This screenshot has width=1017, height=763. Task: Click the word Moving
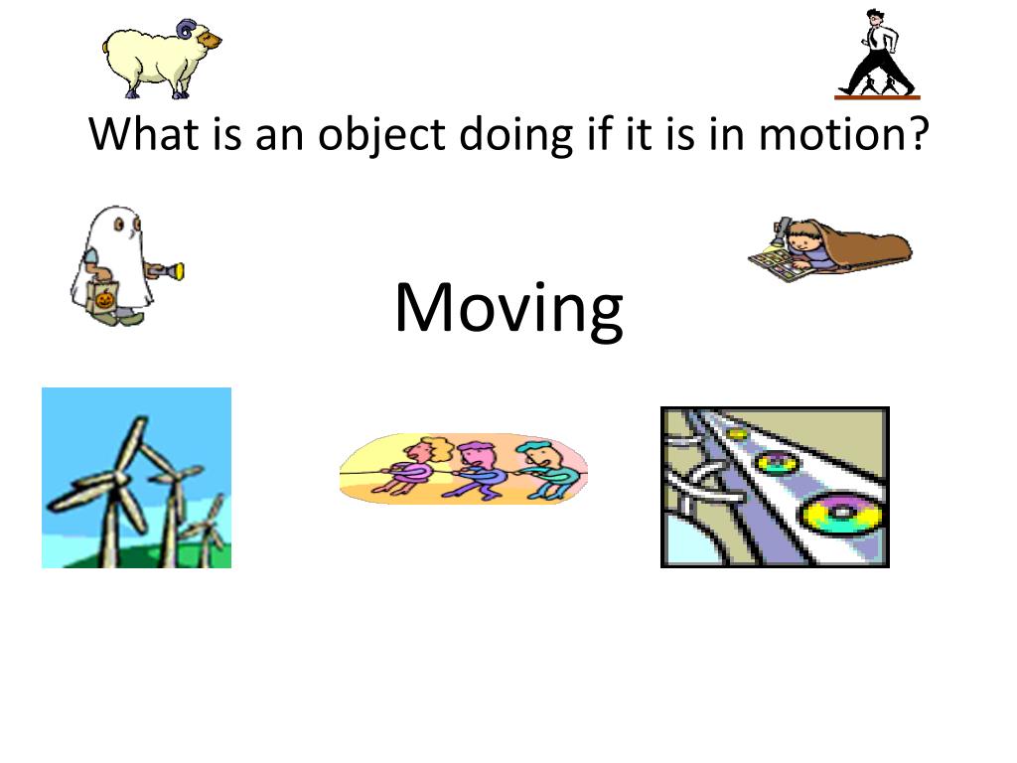click(508, 308)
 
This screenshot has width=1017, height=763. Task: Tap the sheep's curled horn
click(186, 30)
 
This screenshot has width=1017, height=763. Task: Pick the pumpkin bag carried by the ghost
click(103, 296)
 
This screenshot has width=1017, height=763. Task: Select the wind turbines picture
click(136, 478)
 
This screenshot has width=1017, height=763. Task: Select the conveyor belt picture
click(775, 487)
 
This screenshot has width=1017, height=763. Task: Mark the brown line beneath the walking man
click(877, 97)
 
